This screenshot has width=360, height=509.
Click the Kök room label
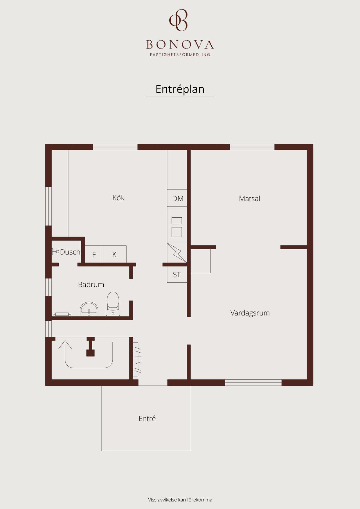118,198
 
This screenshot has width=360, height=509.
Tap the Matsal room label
249,198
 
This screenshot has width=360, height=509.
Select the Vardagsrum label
250,313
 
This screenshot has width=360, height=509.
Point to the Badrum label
91,284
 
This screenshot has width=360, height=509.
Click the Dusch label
70,252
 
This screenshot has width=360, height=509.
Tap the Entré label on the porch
147,418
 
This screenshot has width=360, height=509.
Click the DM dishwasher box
177,198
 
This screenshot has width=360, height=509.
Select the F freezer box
93,254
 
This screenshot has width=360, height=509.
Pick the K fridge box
114,254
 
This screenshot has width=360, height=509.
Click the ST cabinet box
177,275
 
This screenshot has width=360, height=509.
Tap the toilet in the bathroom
113,304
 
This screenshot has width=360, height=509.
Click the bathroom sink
89,309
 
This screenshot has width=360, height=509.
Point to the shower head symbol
55,252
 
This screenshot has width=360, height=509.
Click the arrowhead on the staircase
65,344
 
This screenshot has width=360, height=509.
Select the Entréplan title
180,89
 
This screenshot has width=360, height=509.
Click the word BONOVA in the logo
180,45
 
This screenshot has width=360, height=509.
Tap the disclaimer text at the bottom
180,500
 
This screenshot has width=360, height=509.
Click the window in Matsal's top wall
252,147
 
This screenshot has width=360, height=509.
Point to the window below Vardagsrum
253,382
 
